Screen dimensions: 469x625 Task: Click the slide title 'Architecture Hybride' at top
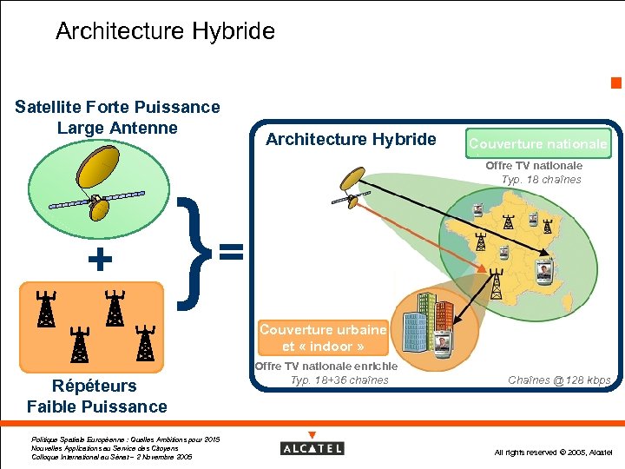pos(165,32)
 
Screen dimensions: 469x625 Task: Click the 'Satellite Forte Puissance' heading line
pos(117,107)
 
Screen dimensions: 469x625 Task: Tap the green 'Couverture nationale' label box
pos(538,143)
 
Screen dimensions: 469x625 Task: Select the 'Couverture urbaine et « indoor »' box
pos(322,338)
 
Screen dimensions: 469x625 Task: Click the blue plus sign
pos(101,259)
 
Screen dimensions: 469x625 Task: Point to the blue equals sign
pos(230,252)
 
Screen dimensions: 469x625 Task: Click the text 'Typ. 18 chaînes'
pos(541,180)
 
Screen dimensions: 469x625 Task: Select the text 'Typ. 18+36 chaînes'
pos(339,380)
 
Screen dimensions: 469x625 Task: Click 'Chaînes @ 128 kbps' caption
pos(559,380)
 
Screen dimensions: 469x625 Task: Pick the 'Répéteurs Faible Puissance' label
pos(96,396)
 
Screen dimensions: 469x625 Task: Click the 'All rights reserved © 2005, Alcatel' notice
pos(553,452)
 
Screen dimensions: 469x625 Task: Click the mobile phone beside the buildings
pos(442,344)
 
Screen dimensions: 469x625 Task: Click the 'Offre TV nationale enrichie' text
pos(326,367)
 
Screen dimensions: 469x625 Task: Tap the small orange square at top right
pos(615,83)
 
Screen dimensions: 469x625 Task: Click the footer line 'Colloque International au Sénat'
pos(110,456)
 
